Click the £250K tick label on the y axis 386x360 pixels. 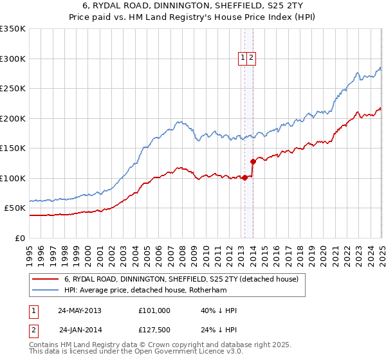(13, 89)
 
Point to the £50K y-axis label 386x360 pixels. (15, 208)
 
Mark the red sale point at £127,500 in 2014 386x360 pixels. (253, 161)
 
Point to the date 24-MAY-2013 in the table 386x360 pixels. (79, 310)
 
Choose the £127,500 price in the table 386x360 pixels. (154, 331)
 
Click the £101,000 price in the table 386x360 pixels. (154, 310)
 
